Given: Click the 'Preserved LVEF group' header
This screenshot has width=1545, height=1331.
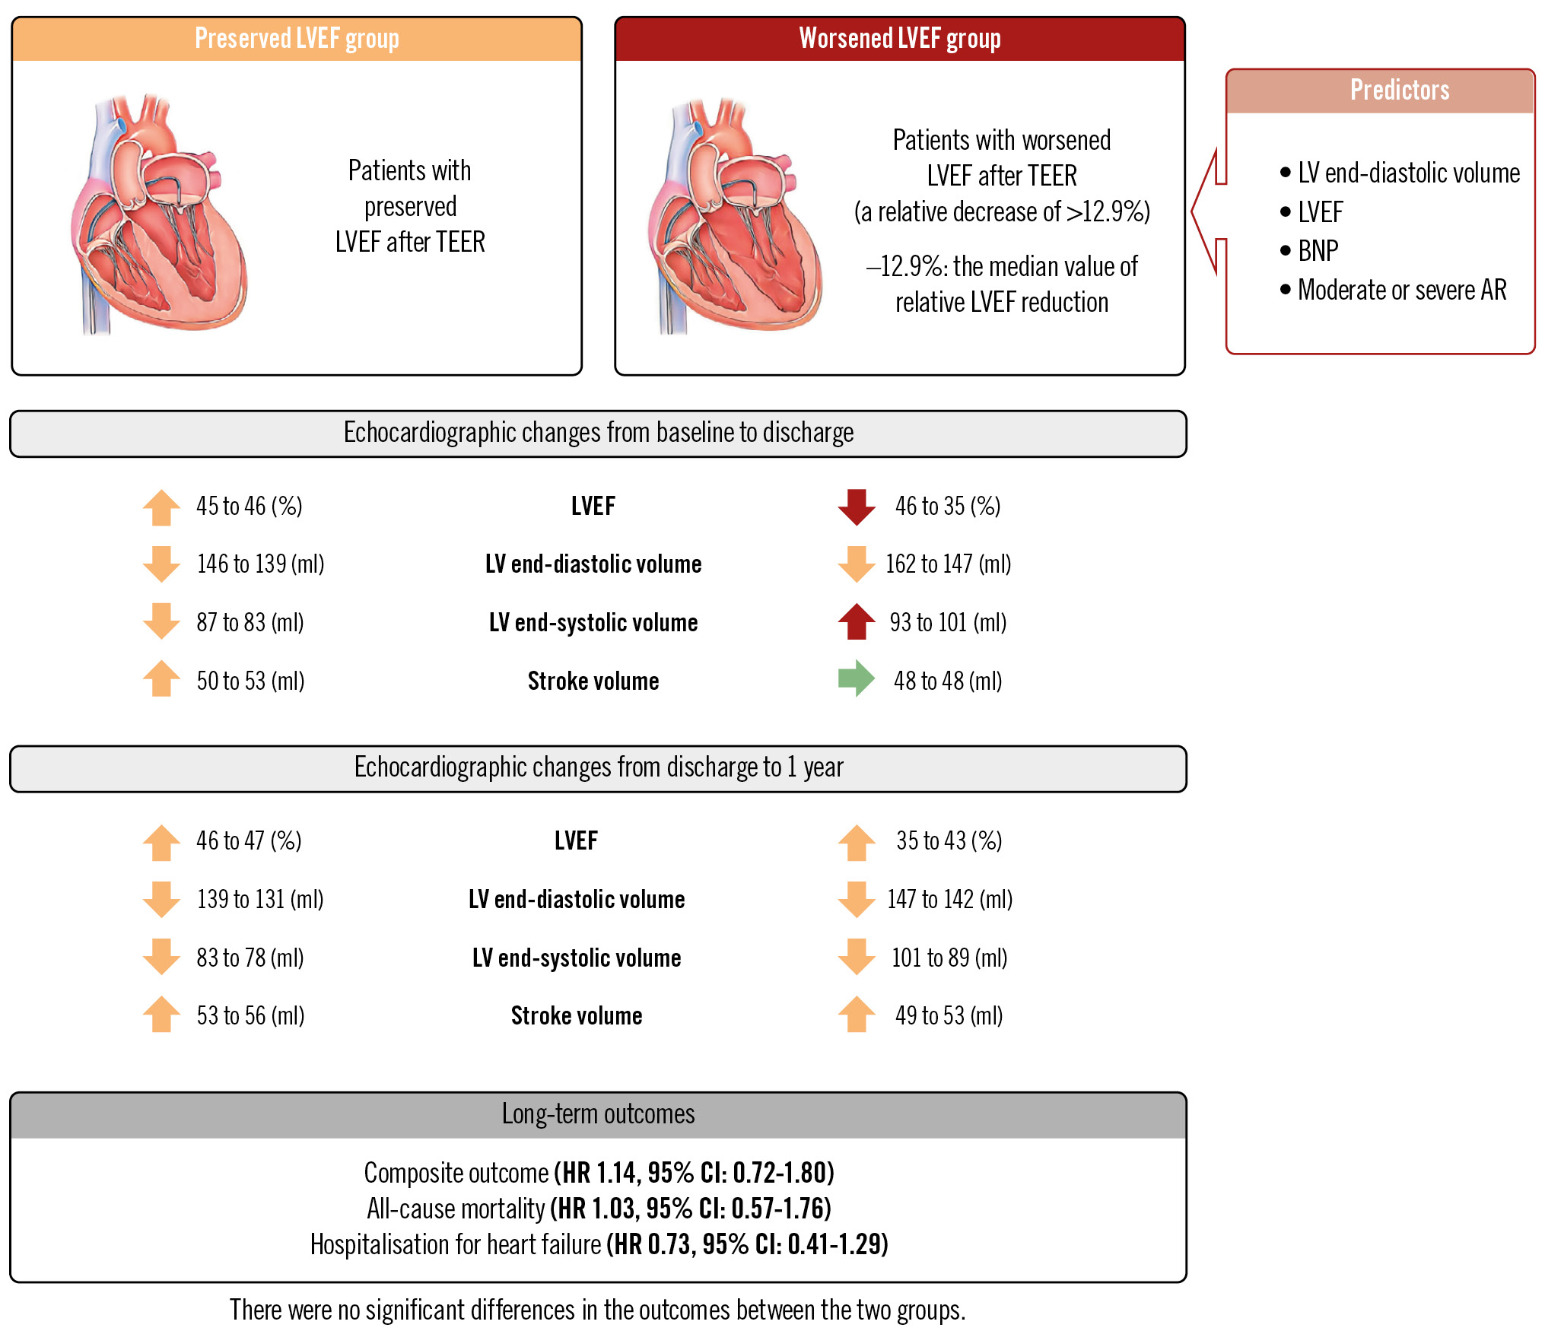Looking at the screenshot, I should tap(297, 39).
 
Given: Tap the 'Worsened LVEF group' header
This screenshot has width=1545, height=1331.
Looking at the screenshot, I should tap(899, 39).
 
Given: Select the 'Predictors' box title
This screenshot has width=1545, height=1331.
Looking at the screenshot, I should tap(1399, 91).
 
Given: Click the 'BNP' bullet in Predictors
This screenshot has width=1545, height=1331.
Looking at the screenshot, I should tap(1318, 251).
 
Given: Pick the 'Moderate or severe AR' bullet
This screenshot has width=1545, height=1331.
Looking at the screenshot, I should tap(1401, 290).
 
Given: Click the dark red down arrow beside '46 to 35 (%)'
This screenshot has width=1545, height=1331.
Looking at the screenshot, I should tap(857, 507).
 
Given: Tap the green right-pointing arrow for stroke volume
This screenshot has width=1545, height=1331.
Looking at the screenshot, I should tap(857, 678).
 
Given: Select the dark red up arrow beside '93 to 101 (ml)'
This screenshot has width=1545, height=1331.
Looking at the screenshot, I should tap(857, 621).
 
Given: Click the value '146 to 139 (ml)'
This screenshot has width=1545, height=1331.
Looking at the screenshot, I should tap(260, 564).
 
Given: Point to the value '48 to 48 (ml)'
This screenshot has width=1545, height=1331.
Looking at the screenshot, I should tap(948, 681).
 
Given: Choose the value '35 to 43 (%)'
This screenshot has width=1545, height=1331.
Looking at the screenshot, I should tap(949, 840).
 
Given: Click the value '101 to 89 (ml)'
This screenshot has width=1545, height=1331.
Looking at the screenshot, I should tap(949, 958).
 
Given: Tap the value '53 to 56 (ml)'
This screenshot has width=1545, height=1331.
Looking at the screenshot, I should tap(250, 1015).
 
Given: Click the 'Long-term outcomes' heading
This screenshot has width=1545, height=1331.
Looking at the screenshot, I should tap(598, 1114).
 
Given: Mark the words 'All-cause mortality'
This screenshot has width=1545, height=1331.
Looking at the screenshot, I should tap(456, 1209).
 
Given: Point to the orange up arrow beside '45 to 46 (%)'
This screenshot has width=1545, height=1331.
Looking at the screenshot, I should tap(161, 507).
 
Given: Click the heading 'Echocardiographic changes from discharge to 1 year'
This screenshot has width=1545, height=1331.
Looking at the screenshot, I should tap(598, 767).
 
